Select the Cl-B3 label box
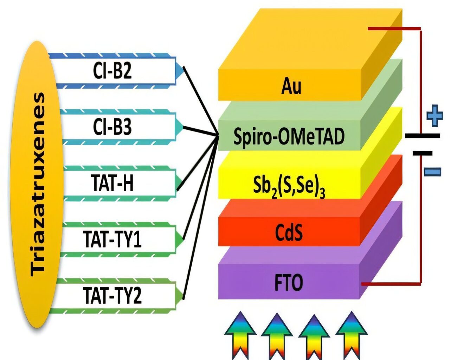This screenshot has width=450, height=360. click(x=112, y=127)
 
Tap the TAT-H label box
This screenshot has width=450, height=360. click(x=112, y=183)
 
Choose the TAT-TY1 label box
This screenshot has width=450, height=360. click(x=112, y=239)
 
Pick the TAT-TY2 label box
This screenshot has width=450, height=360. click(x=112, y=296)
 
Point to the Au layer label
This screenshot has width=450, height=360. click(x=291, y=86)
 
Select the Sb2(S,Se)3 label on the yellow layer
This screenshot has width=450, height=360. click(x=289, y=186)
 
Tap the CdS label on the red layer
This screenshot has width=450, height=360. click(x=289, y=233)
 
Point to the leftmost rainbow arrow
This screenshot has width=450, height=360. click(x=240, y=334)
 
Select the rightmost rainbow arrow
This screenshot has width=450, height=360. click(x=351, y=334)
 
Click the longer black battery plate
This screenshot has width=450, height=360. click(x=422, y=136)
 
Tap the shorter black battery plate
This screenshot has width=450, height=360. click(x=422, y=153)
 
